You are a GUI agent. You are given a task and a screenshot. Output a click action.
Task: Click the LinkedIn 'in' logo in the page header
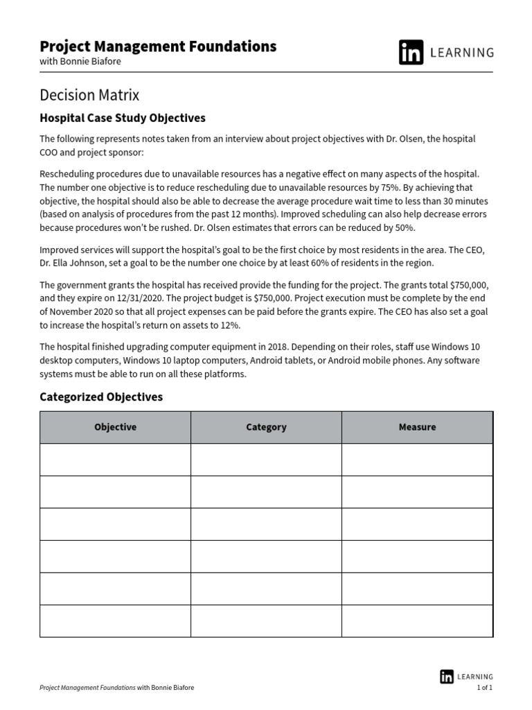point(411,53)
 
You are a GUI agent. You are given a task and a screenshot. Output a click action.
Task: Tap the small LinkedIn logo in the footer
point(446,677)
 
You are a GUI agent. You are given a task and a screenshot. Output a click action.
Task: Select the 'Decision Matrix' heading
point(89,95)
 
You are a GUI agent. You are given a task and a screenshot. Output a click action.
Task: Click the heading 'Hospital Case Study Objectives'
point(123,118)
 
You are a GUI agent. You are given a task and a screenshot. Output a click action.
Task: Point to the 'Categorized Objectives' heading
point(101,397)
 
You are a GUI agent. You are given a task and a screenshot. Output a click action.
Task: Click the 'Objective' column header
point(115,427)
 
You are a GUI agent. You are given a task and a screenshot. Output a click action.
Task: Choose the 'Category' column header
point(266,427)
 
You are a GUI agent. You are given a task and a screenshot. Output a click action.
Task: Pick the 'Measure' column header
point(417,427)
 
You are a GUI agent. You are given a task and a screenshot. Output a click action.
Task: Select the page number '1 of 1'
point(484,688)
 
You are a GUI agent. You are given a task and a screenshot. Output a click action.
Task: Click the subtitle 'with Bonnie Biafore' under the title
point(80,60)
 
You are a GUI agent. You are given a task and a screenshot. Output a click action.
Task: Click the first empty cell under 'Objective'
point(115,459)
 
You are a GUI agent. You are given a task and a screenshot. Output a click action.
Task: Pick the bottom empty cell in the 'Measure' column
point(417,621)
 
